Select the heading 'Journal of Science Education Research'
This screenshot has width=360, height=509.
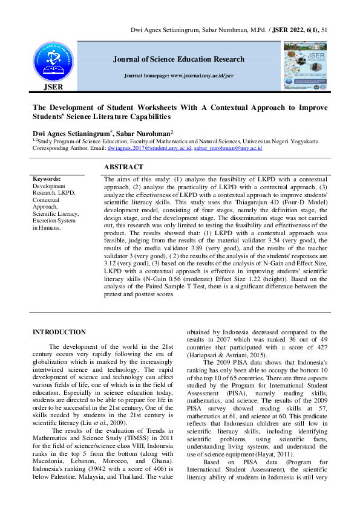(178, 59)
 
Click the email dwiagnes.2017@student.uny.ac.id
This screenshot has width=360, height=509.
(149, 148)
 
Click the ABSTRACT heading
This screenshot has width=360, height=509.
(123, 167)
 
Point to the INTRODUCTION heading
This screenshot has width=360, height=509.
(59, 332)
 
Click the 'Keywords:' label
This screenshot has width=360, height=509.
(47, 180)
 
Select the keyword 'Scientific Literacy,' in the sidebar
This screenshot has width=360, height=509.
(55, 213)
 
